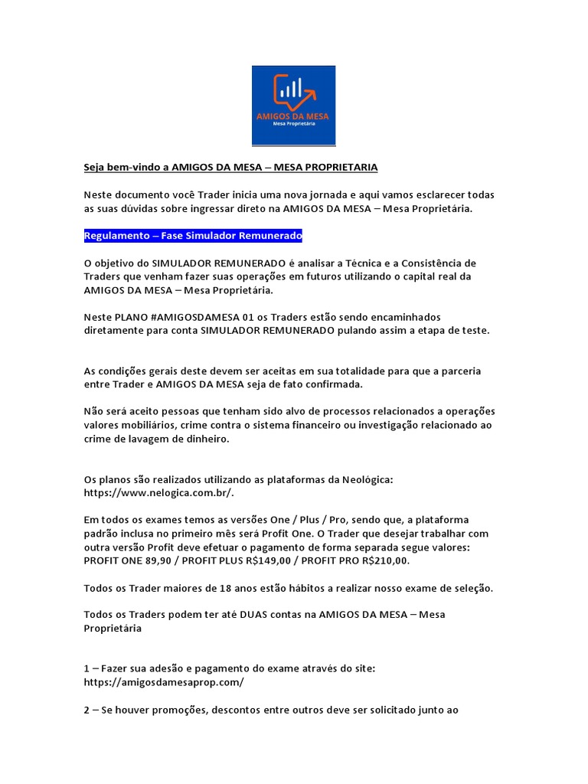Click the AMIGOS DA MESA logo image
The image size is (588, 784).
click(x=293, y=106)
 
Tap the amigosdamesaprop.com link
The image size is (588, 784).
click(x=164, y=681)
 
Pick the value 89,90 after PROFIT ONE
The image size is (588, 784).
click(x=158, y=560)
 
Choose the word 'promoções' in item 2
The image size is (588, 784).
click(x=168, y=710)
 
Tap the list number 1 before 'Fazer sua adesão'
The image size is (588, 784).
click(x=87, y=668)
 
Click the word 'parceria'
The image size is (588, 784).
click(x=456, y=371)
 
